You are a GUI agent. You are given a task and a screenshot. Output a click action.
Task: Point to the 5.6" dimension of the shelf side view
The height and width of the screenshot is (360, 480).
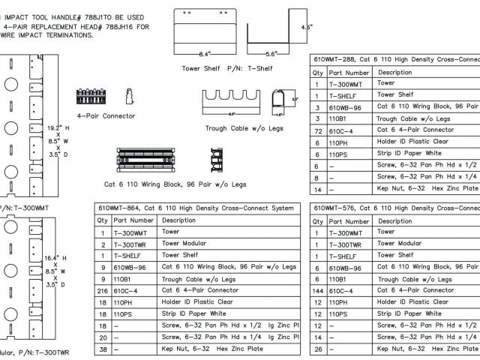[271, 54]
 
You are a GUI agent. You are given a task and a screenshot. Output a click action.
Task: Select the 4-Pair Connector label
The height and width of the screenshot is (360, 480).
[106, 116]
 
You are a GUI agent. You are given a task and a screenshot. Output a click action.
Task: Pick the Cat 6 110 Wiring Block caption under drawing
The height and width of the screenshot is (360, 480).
[175, 184]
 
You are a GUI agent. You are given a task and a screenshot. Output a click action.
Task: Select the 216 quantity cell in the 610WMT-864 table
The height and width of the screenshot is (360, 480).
[103, 289]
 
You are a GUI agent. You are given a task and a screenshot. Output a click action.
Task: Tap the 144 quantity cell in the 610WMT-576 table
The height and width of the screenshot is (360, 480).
[318, 289]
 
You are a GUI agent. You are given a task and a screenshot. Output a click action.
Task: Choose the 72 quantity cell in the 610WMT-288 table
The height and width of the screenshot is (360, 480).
[318, 130]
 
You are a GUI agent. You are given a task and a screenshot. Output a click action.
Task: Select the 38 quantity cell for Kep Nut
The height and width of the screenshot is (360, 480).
[103, 349]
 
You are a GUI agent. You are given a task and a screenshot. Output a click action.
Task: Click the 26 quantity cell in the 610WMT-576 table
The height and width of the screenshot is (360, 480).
[318, 349]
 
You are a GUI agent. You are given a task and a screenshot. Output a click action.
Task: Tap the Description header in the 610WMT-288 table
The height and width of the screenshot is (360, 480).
[394, 73]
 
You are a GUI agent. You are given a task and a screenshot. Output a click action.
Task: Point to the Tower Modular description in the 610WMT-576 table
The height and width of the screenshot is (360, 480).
[399, 244]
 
